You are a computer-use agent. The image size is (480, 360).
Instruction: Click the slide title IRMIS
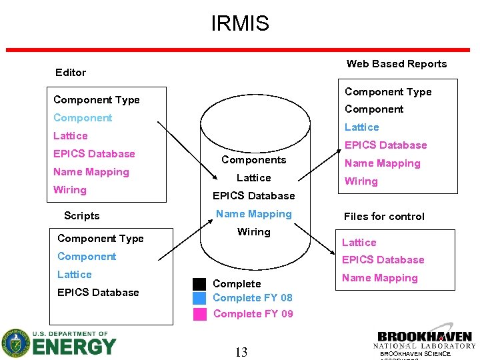tap(240, 24)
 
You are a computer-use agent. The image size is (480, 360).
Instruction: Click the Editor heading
tap(71, 72)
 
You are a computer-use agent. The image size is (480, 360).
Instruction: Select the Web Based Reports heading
tap(397, 64)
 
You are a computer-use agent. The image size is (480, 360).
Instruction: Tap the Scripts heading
tap(81, 216)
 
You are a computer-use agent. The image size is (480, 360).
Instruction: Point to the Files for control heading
tap(384, 216)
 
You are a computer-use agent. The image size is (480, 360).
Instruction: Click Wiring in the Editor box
tap(70, 190)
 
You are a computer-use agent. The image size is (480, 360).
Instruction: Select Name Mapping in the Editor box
tap(91, 172)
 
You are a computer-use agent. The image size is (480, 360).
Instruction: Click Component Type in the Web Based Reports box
tap(388, 92)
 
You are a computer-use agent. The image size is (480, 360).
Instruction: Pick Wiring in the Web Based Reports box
tap(361, 181)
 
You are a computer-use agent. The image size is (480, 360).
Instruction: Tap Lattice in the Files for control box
tap(359, 243)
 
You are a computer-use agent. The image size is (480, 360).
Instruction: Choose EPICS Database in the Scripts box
tap(98, 293)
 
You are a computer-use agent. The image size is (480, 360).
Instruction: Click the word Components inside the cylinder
tap(253, 160)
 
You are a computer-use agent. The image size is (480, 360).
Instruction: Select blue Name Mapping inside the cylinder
tap(254, 214)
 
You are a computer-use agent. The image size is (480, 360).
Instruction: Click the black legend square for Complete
tap(199, 283)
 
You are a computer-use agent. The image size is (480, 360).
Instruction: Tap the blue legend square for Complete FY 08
tap(199, 298)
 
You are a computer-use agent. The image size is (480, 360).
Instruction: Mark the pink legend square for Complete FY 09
tap(199, 314)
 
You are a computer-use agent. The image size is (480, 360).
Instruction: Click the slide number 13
tap(241, 352)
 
